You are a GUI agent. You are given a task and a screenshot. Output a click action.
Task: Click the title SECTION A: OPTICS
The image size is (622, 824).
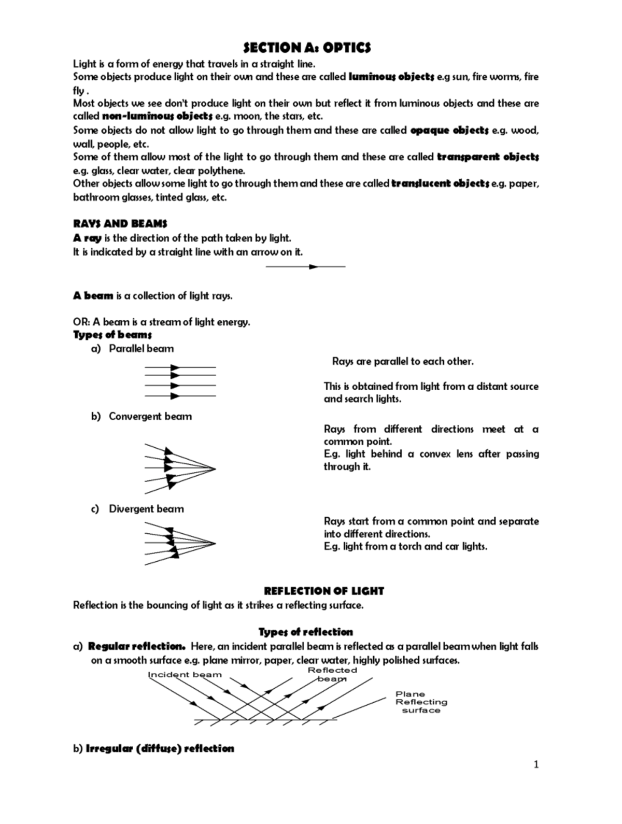(x=307, y=48)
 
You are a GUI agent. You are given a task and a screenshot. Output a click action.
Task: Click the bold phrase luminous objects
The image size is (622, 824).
(x=392, y=77)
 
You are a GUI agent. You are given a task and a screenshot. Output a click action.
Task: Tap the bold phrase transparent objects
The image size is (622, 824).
(x=488, y=157)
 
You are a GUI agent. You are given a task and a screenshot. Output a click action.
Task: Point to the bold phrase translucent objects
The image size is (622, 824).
(x=440, y=183)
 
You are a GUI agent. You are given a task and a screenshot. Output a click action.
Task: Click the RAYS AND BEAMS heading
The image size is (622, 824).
(x=120, y=224)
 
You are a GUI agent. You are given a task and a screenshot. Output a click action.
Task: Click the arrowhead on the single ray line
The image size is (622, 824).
(x=313, y=267)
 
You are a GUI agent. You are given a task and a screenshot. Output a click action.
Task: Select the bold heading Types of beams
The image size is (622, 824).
(x=112, y=335)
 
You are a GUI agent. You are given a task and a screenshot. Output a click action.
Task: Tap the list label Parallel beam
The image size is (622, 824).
(x=141, y=349)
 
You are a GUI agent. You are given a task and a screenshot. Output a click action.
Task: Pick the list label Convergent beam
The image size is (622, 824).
(x=150, y=417)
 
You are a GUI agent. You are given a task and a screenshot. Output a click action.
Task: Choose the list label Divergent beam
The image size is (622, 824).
(x=146, y=509)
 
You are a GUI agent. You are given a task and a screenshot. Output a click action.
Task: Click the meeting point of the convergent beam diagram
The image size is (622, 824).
(x=215, y=470)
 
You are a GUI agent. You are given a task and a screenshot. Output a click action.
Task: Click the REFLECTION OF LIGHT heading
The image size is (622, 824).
(x=324, y=591)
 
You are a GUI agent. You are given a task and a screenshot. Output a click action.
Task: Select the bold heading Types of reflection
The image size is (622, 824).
(x=306, y=632)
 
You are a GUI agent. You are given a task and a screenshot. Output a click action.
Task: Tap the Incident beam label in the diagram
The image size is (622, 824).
(x=185, y=675)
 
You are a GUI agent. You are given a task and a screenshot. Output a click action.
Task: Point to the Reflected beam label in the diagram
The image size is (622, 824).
(x=332, y=674)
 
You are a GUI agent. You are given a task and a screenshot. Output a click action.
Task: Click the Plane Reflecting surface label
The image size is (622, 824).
(x=421, y=702)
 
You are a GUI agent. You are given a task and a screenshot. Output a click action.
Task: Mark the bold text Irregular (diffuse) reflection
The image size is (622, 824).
(x=160, y=748)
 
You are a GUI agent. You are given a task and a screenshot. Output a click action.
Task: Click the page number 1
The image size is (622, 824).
(x=536, y=764)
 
